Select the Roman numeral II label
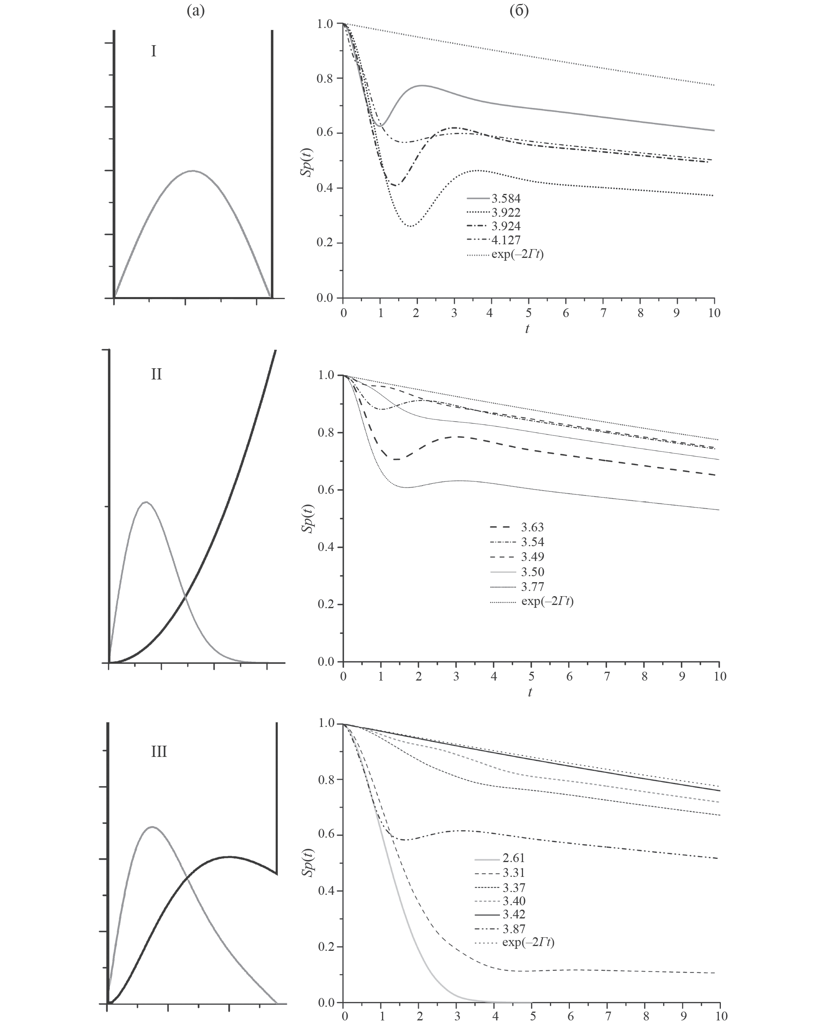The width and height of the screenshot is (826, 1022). (156, 375)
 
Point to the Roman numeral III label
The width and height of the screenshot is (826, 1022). (159, 752)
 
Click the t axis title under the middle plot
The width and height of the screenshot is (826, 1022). (529, 692)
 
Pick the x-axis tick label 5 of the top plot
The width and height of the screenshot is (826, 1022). (529, 313)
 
